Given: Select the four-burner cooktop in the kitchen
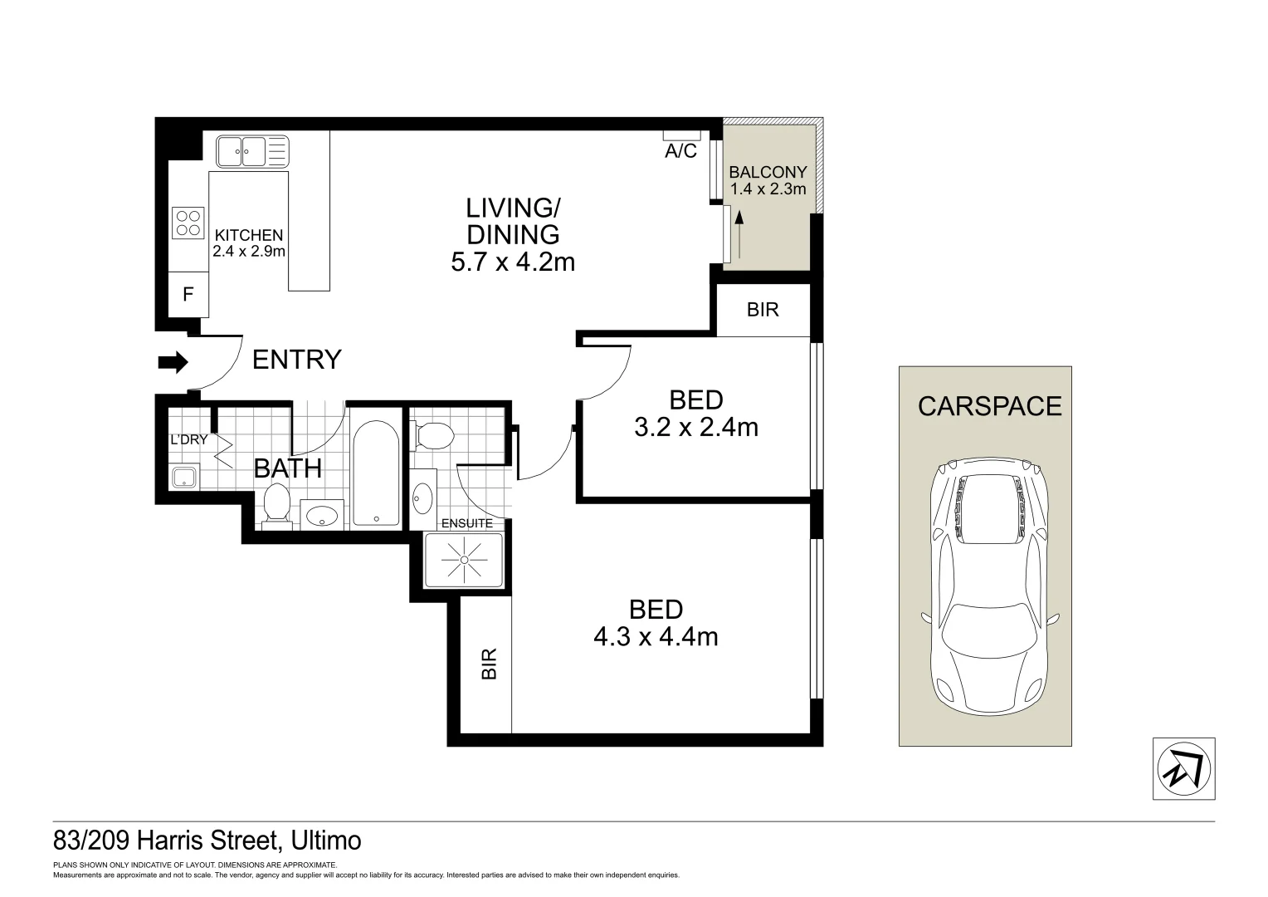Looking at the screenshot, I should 188,222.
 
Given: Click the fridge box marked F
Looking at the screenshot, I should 188,294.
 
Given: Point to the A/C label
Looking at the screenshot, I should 680,152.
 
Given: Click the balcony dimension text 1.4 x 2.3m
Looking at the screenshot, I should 768,189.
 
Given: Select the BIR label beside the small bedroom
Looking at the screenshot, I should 763,310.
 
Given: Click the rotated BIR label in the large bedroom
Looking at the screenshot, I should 490,664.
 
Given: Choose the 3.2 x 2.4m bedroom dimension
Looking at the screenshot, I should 695,427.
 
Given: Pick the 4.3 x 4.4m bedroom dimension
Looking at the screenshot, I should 656,636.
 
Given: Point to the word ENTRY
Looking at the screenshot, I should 296,360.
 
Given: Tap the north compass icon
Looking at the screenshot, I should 1184,769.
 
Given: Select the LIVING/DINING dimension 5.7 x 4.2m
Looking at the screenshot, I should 513,262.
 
